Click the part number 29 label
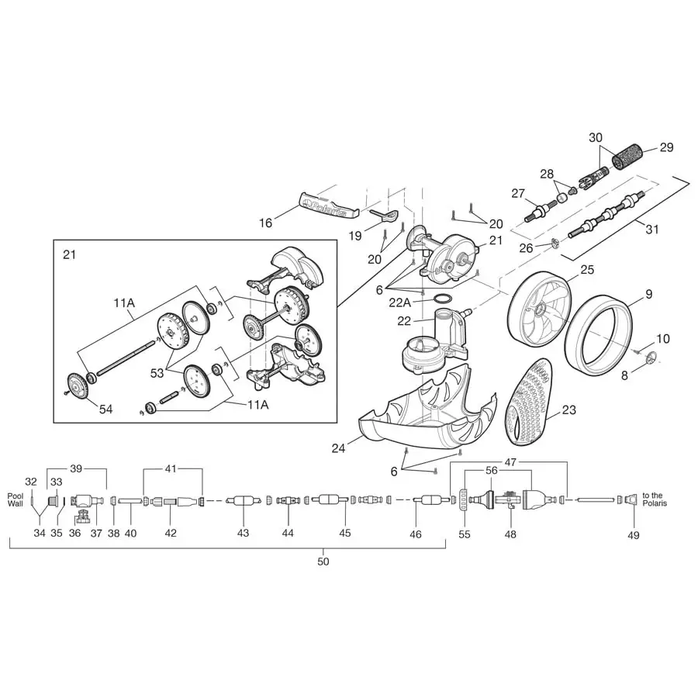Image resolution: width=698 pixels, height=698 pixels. tap(666, 147)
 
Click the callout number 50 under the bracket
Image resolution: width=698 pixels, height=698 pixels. tap(323, 562)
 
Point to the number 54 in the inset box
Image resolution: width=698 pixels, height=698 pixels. tap(105, 409)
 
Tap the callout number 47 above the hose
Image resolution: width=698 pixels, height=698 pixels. tap(510, 461)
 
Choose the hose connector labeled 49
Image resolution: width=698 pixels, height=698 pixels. tap(632, 500)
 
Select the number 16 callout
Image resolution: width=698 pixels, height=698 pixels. tap(266, 223)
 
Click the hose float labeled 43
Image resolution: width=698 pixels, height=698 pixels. tap(244, 501)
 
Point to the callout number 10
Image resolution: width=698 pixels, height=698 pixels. tap(663, 339)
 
